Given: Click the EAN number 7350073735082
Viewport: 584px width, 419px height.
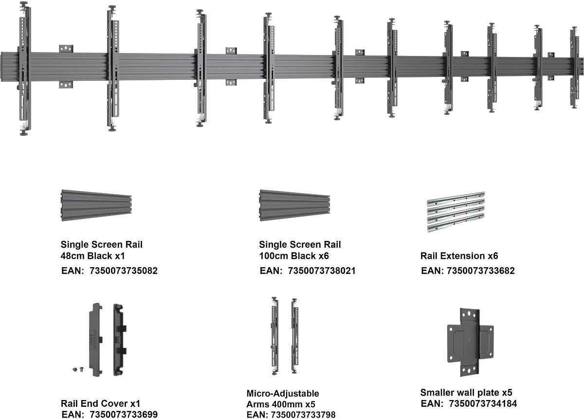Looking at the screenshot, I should (124, 271).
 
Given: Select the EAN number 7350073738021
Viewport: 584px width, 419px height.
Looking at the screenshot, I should (322, 271).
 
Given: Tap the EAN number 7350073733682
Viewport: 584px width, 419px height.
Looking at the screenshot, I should (480, 271).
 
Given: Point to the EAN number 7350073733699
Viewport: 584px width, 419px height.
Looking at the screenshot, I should (124, 415).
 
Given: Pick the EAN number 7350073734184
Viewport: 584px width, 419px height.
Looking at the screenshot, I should (483, 403).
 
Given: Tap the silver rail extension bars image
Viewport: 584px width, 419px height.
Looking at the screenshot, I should (456, 212).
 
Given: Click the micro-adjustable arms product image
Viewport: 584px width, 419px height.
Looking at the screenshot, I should (285, 335).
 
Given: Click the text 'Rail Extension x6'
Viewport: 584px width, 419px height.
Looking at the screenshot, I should (459, 256).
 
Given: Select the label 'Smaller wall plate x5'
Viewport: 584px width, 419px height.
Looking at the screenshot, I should (466, 392).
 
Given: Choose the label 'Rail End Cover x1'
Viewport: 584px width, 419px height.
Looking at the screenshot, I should (100, 403).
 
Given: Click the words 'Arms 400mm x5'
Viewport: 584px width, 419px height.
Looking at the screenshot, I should (275, 403).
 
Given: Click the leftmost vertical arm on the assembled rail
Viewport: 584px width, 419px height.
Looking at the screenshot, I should (24, 68).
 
